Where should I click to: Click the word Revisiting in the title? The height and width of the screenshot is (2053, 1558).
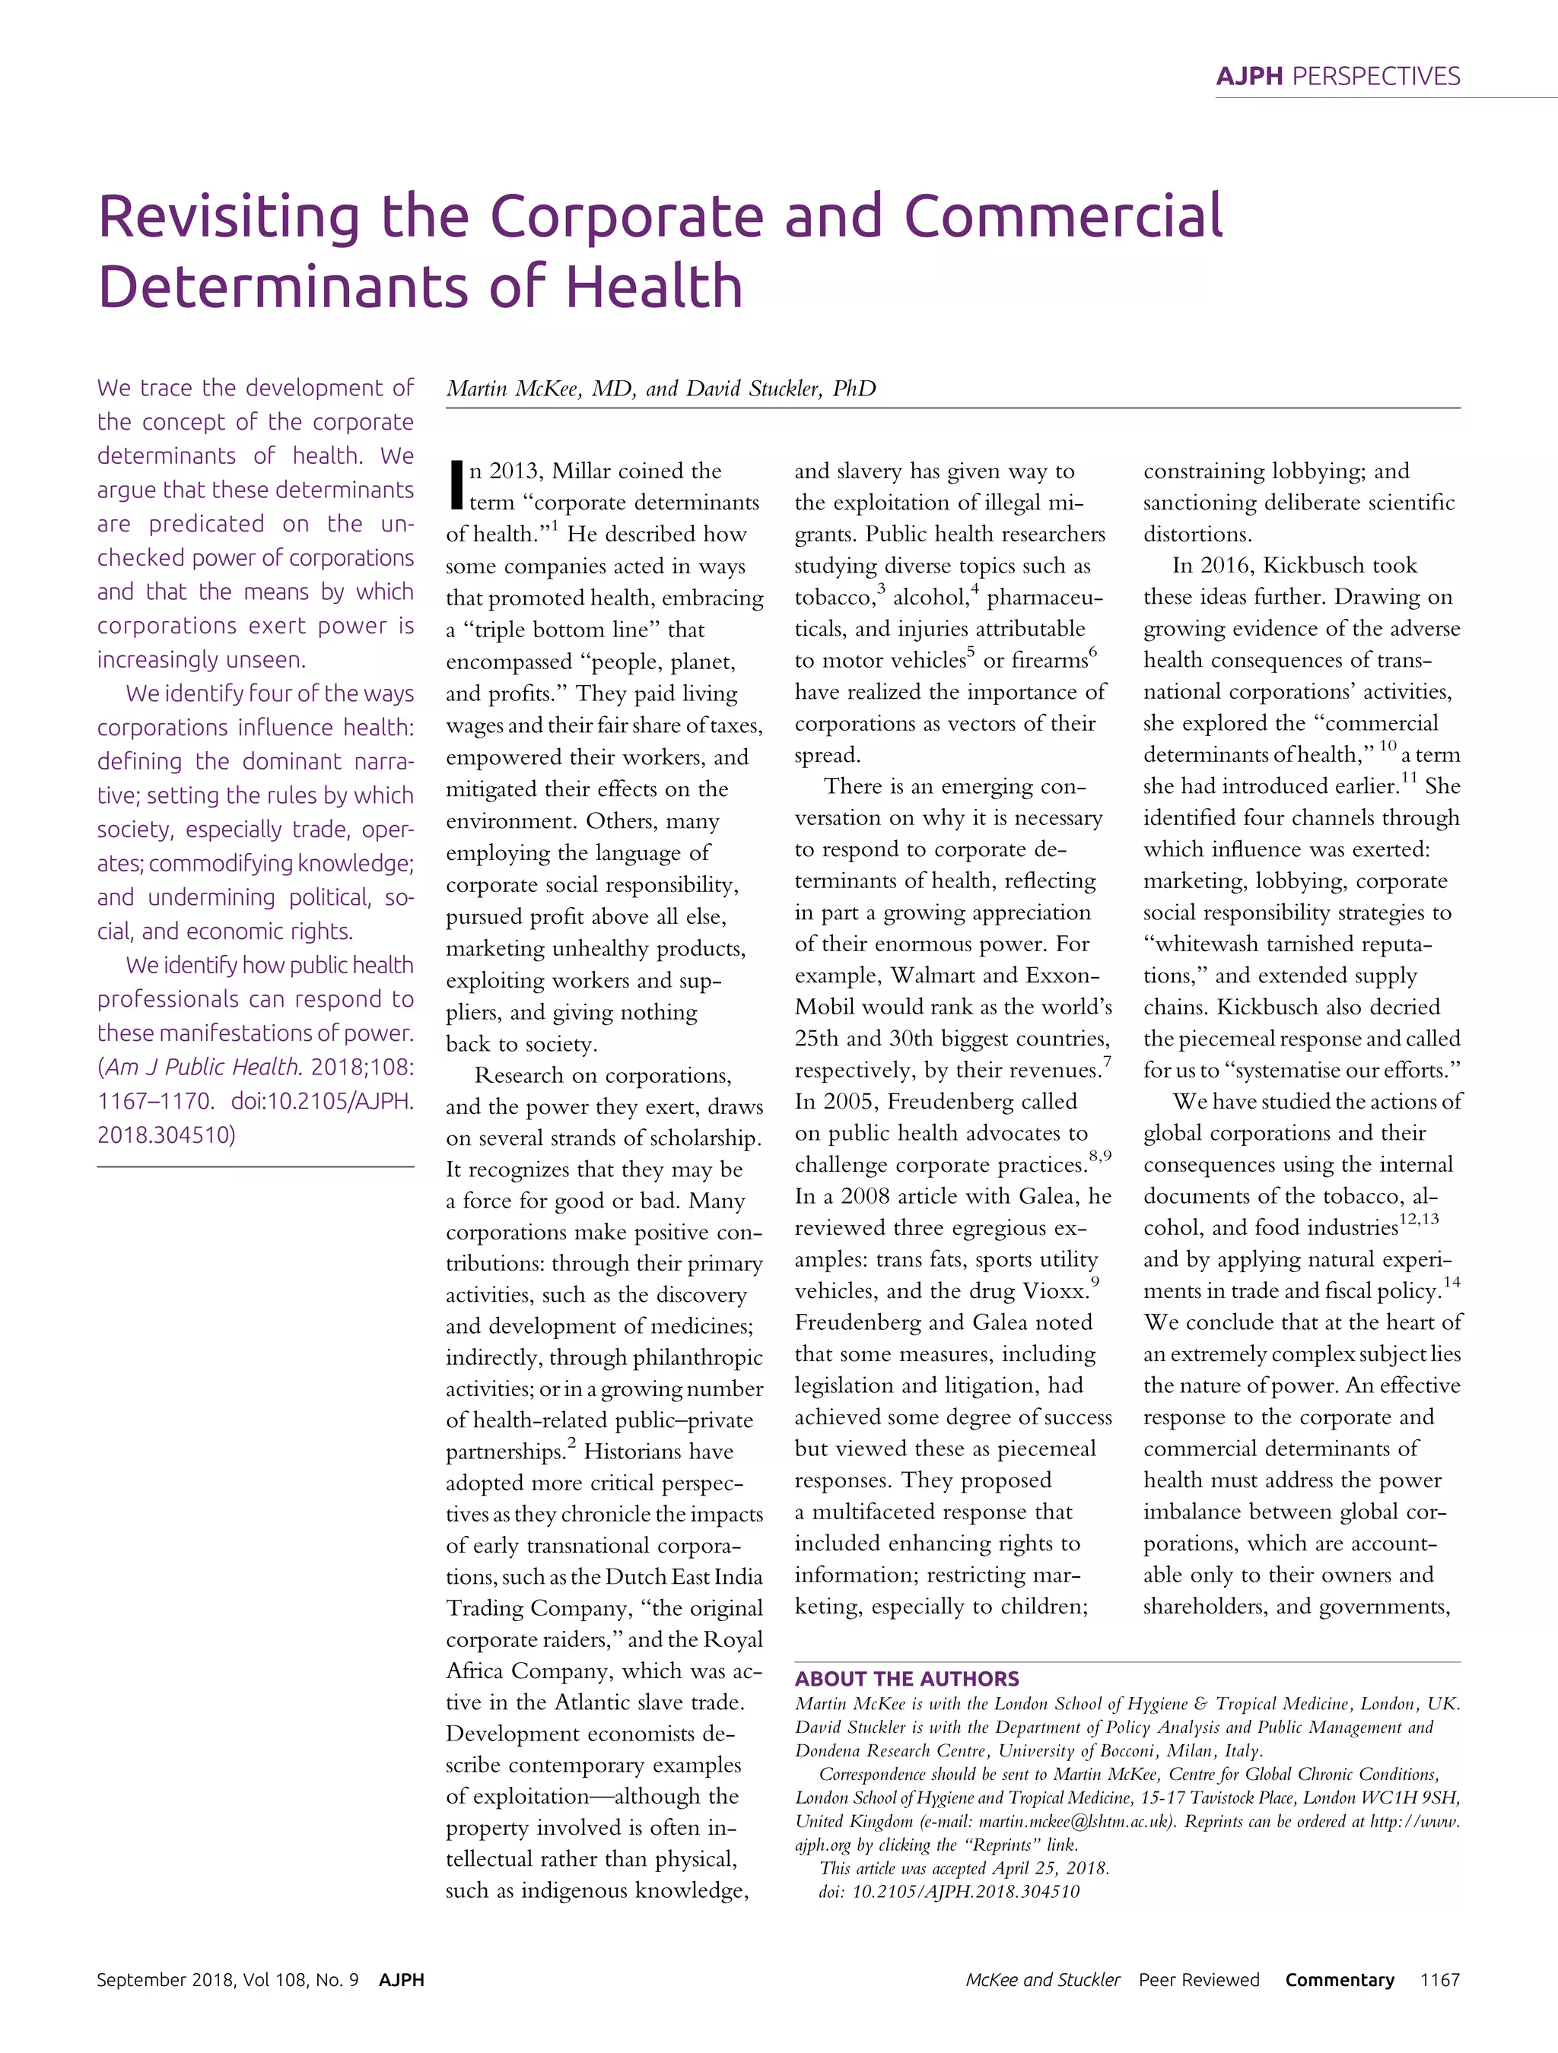(x=228, y=217)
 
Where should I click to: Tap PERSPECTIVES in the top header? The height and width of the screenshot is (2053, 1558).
(x=1376, y=76)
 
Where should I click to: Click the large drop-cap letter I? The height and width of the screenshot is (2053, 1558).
(x=455, y=484)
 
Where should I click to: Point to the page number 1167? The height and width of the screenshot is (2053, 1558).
(x=1439, y=1980)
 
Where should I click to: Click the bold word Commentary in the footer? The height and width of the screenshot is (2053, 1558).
(x=1339, y=1980)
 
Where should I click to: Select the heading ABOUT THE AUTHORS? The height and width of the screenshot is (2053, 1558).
(x=906, y=1678)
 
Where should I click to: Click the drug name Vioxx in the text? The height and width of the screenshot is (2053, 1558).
(x=1054, y=1291)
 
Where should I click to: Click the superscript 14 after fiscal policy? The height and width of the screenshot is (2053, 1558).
(x=1451, y=1282)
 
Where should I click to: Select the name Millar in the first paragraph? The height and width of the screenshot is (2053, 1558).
(x=586, y=471)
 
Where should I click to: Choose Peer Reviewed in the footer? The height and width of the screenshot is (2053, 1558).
(x=1199, y=1980)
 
